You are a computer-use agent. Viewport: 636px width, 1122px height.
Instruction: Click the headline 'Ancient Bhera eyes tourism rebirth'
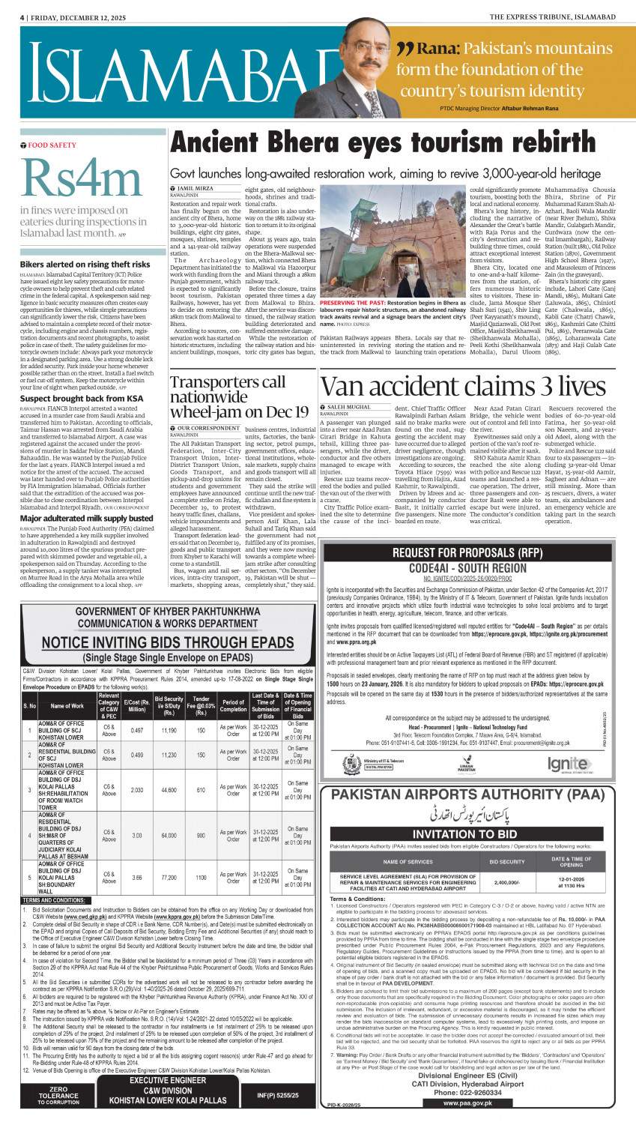[393, 142]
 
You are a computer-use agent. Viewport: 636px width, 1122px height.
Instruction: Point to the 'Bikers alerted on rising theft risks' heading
[85, 265]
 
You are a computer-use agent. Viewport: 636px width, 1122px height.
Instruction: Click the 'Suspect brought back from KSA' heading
[81, 399]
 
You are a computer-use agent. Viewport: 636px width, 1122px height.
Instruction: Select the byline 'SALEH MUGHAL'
[348, 407]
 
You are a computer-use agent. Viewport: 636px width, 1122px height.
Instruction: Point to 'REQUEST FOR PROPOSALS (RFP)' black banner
[468, 553]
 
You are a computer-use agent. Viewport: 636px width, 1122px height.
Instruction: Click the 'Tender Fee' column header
[201, 705]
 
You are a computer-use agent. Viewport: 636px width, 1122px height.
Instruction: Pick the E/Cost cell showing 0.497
[137, 729]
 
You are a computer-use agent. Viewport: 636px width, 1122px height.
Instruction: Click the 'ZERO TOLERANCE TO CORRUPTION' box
[58, 1096]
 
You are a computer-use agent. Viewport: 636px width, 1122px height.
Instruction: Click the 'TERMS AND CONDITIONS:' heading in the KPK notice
[53, 900]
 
